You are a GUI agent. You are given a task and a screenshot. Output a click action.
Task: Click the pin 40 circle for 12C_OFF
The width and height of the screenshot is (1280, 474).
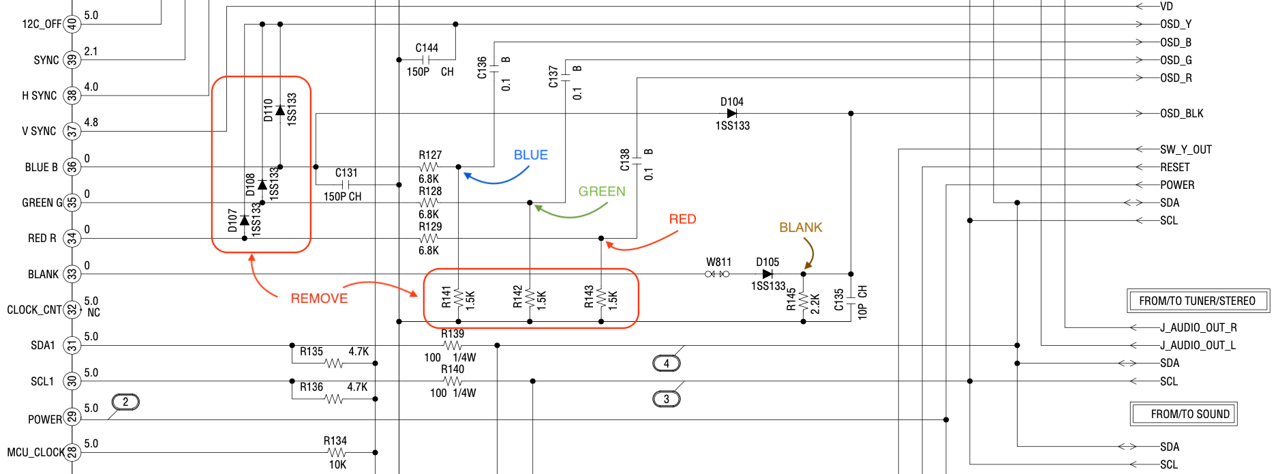coord(72,25)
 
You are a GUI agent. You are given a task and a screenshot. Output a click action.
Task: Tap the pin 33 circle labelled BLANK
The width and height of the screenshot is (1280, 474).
coord(72,274)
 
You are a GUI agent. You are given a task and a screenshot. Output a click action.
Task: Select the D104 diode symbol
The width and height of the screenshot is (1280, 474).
coord(732,113)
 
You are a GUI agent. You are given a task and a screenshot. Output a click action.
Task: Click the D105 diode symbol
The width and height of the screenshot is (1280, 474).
coord(767,274)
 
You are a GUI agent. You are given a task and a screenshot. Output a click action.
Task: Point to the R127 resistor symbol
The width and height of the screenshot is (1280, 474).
coord(429,167)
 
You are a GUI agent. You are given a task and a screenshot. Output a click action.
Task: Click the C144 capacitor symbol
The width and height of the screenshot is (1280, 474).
coord(427,60)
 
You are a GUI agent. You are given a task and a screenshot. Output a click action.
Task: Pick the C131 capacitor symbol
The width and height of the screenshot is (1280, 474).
coord(347,185)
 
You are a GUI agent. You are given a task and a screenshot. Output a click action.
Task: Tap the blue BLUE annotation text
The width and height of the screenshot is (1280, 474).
coord(531,155)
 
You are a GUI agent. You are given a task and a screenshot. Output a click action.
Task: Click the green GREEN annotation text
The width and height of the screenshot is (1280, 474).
coord(602,192)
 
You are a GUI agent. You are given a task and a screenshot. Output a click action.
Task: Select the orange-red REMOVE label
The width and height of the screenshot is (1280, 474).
coord(319,298)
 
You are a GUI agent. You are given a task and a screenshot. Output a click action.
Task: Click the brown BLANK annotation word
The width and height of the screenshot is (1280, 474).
coord(801,227)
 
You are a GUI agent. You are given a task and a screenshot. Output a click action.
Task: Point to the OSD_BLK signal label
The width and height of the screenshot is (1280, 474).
coord(1182,114)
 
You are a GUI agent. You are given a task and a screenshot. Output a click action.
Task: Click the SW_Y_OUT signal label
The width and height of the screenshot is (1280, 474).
coord(1186,149)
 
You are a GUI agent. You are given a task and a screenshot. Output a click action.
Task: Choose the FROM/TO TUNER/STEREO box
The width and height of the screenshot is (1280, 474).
coord(1198,301)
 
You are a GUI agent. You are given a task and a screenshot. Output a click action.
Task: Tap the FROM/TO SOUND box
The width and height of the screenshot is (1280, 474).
coord(1184,414)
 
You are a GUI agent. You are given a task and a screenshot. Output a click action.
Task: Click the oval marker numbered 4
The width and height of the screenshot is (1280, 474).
coord(667,364)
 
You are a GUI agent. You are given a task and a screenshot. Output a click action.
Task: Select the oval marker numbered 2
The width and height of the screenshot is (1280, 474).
coord(125,402)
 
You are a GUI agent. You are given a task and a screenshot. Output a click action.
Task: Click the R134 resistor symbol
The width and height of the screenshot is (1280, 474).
coord(336,452)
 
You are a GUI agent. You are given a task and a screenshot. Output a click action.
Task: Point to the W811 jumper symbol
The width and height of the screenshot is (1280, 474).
coord(717,274)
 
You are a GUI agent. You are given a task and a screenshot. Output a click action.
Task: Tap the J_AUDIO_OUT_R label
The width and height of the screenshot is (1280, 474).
coord(1198,327)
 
